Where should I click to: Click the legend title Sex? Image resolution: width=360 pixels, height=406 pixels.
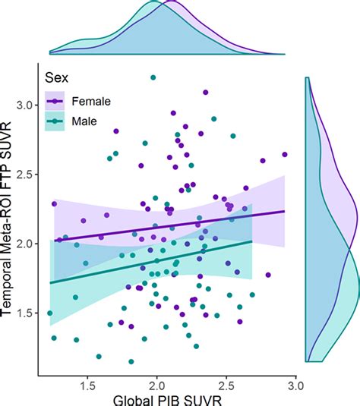(x=56, y=77)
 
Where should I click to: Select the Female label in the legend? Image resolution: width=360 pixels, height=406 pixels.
(x=90, y=100)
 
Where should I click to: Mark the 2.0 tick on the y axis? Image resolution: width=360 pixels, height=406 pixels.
(x=25, y=244)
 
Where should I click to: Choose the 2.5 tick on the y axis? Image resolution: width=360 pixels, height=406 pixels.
(x=25, y=175)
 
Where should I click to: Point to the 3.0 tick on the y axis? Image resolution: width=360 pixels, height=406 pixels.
(x=25, y=105)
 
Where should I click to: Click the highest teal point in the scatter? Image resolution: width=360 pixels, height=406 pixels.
(x=153, y=77)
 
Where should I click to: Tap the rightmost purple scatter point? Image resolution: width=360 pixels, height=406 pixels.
(x=285, y=154)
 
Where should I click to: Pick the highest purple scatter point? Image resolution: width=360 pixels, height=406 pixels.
(x=205, y=93)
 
